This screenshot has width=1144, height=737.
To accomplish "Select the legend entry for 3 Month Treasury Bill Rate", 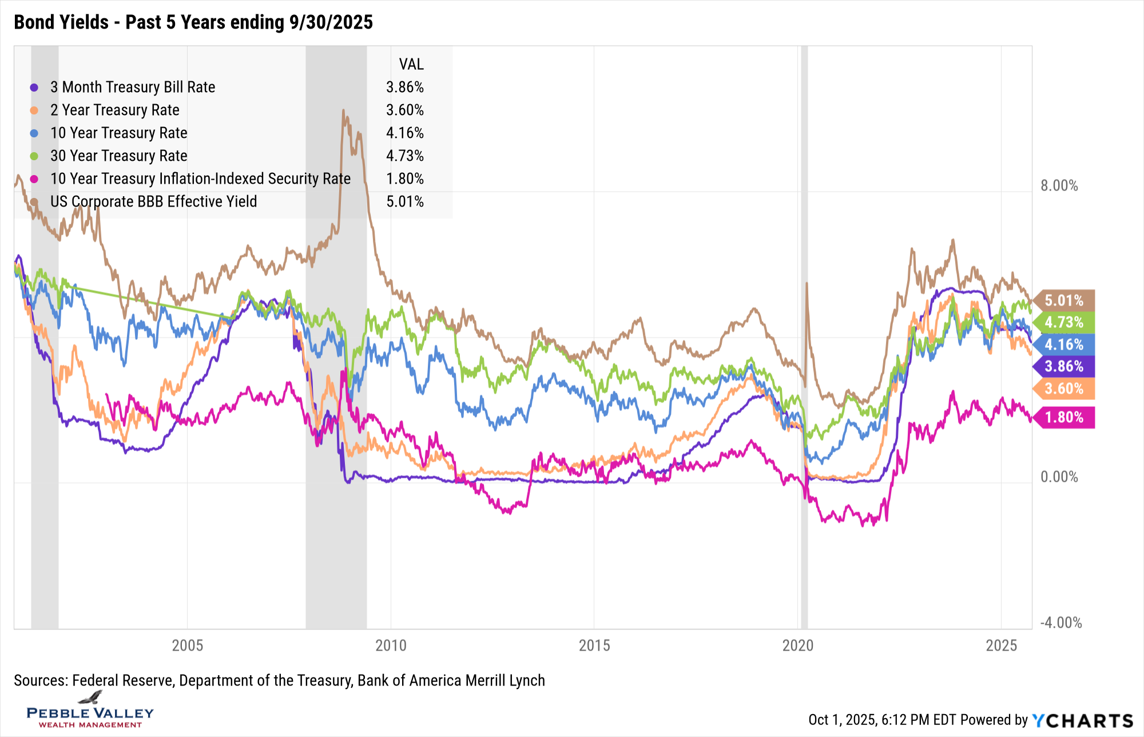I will (x=132, y=87).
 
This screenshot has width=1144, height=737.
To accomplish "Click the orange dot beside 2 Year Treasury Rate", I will (x=34, y=110).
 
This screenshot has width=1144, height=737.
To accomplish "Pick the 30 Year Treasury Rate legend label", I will (x=118, y=156).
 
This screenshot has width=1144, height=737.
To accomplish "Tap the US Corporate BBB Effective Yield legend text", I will (x=153, y=201).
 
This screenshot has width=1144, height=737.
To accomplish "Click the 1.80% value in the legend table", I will (x=405, y=179).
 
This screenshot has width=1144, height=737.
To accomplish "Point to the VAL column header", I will (x=411, y=64).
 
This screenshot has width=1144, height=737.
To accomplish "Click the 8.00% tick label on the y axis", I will (x=1059, y=185).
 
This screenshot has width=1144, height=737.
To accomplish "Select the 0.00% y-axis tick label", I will (x=1059, y=477).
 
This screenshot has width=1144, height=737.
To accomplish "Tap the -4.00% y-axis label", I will (x=1061, y=623).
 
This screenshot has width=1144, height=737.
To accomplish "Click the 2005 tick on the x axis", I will (x=188, y=645).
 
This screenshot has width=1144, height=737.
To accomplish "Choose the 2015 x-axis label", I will (x=594, y=645).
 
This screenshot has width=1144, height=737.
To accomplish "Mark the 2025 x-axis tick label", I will (x=1001, y=645).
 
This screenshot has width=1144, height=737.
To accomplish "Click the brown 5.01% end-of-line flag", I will (x=1064, y=300).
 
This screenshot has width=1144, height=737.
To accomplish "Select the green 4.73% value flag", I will (x=1064, y=322).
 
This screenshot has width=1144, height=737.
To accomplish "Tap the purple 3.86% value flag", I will (x=1064, y=366).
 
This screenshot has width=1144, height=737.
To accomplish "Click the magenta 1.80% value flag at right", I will (x=1064, y=417).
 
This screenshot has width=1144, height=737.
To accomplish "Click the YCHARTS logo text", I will (x=1083, y=720).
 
